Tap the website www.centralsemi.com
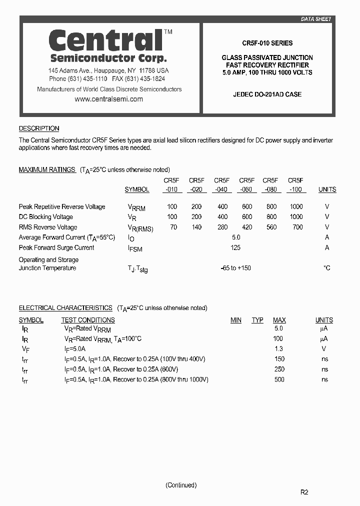pyautogui.click(x=108, y=99)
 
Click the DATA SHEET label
pyautogui.click(x=315, y=19)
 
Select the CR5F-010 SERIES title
pyautogui.click(x=267, y=43)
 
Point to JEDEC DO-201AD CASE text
pyautogui.click(x=267, y=94)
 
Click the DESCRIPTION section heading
pyautogui.click(x=39, y=128)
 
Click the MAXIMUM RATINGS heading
pyautogui.click(x=47, y=170)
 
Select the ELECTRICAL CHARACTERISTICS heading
pyautogui.click(x=65, y=308)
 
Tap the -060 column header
pyautogui.click(x=246, y=189)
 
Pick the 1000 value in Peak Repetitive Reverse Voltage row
pyautogui.click(x=296, y=206)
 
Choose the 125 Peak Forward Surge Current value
pyautogui.click(x=235, y=247)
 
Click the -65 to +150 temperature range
pyautogui.click(x=236, y=268)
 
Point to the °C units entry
pyautogui.click(x=326, y=268)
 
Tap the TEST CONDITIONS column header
pyautogui.click(x=88, y=320)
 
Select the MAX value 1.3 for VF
pyautogui.click(x=278, y=349)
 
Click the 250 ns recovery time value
pyautogui.click(x=279, y=369)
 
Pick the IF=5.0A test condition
pyautogui.click(x=75, y=349)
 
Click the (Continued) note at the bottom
pyautogui.click(x=181, y=485)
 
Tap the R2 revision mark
pyautogui.click(x=304, y=492)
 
